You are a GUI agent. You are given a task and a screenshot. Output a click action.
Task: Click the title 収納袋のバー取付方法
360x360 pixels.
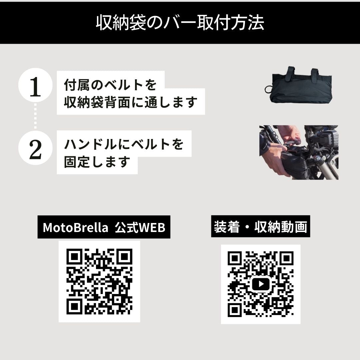[x=180, y=23]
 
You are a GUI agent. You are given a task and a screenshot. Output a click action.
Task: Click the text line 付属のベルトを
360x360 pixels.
[x=110, y=85]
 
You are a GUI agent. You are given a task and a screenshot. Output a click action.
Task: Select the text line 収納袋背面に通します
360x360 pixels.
[x=131, y=102]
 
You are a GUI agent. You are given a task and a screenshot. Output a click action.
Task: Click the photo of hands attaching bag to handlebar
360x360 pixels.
[x=299, y=152]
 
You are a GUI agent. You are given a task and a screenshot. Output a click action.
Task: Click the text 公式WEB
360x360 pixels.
[x=140, y=227]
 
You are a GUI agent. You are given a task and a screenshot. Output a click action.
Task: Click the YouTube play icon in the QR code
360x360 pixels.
[x=261, y=284]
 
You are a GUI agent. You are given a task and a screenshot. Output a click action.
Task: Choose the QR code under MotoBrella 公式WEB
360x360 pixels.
[x=99, y=281]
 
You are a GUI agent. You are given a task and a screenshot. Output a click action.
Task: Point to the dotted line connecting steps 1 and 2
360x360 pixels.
[x=35, y=116]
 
